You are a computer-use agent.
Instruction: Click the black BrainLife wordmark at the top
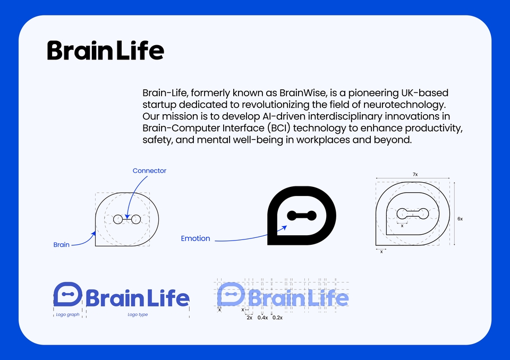[x=105, y=50]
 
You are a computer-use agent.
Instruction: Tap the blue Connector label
[x=149, y=171]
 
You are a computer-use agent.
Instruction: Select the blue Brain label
[x=62, y=245]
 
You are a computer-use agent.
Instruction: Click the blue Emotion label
[x=195, y=238]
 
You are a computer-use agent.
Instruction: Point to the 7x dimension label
[x=415, y=174]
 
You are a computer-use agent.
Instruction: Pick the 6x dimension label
[x=460, y=219]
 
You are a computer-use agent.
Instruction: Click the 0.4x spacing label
[x=262, y=318]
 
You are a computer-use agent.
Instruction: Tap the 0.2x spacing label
[x=277, y=318]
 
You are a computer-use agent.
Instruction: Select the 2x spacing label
[x=250, y=318]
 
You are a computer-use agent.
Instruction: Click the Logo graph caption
[x=67, y=314]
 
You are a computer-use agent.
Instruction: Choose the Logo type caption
[x=138, y=314]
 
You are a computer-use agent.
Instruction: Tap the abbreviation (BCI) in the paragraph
[x=278, y=128]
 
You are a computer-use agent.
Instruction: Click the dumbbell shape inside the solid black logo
[x=302, y=215]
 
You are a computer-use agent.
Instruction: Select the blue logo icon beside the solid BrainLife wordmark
[x=67, y=294]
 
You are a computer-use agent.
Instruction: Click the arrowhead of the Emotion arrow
[x=285, y=227]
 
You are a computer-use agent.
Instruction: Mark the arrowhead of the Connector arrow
[x=127, y=217]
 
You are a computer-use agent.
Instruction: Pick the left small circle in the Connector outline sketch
[x=118, y=219]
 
